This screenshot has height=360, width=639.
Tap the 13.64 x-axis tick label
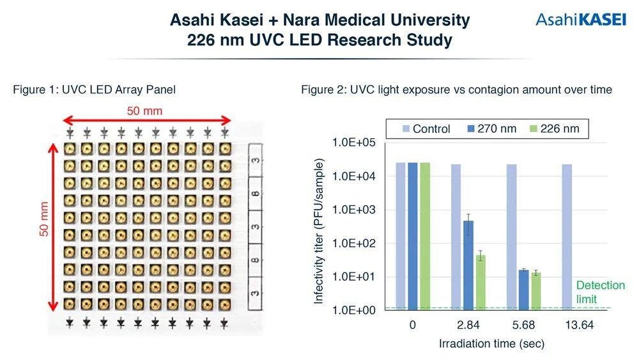[578, 325]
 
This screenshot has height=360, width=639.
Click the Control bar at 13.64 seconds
[567, 237]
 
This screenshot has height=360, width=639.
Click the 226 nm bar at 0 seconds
[425, 236]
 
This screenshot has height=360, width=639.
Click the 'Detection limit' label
[600, 292]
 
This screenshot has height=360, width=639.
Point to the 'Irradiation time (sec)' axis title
[491, 344]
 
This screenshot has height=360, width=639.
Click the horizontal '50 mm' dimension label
[144, 111]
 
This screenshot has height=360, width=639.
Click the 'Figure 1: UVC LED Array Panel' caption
[94, 90]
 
